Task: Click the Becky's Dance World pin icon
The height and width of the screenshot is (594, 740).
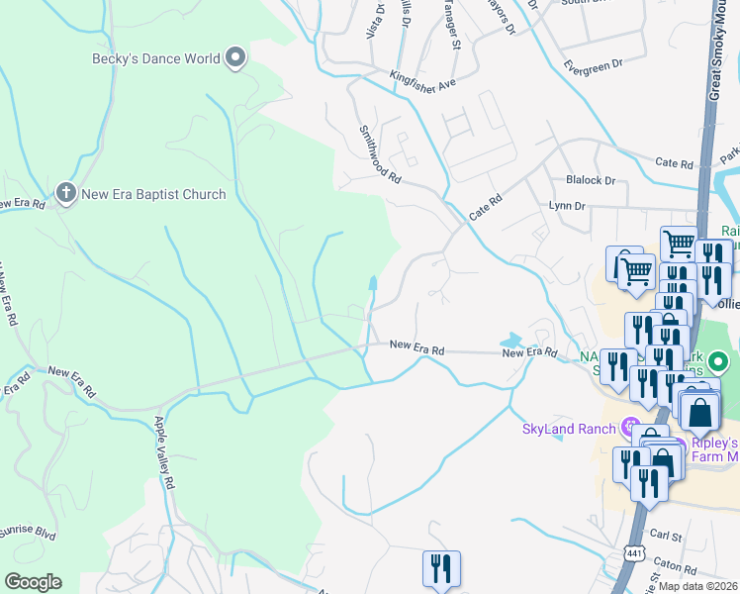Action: tap(235, 59)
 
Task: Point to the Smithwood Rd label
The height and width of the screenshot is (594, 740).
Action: tap(379, 153)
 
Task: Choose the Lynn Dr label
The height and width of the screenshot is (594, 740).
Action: tap(568, 206)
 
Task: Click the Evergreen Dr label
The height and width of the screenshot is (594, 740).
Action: tap(593, 65)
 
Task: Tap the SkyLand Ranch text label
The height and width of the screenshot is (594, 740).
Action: tap(568, 429)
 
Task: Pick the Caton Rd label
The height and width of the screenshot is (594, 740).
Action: tap(676, 566)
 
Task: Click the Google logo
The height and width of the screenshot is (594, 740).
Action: tap(33, 582)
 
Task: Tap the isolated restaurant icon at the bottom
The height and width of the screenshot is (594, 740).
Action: tap(440, 568)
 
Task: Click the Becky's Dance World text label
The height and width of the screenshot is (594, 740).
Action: tap(155, 58)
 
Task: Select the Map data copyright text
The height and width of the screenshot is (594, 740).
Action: tap(698, 585)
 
